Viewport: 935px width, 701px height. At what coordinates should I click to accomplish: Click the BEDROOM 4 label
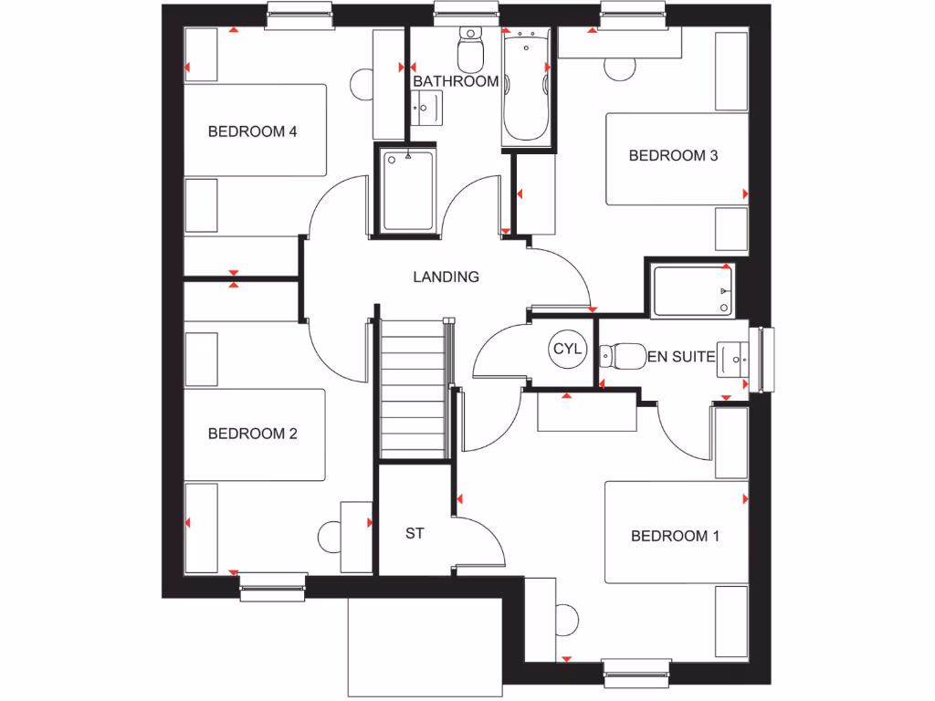point(253,131)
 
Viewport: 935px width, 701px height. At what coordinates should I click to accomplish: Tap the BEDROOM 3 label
point(673,155)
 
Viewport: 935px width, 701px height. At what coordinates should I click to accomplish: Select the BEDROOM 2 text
point(253,434)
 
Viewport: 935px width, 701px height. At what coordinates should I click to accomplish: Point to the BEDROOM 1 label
point(675,536)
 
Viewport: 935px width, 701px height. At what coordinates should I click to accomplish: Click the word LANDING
point(446,277)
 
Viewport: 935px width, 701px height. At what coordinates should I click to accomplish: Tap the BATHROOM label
point(456,81)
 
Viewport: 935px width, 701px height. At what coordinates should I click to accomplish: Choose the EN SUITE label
point(680,357)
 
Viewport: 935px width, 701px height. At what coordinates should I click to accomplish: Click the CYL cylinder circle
point(566,349)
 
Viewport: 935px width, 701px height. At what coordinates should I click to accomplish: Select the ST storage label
point(415,533)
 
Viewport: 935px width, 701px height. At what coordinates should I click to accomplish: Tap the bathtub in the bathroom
point(525,87)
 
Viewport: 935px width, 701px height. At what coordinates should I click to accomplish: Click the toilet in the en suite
point(621,356)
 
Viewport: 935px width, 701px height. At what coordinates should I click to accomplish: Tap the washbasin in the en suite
point(733,359)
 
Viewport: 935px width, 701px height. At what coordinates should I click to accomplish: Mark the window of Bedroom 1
point(637,672)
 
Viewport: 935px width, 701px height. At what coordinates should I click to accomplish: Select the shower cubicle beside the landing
point(407,191)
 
